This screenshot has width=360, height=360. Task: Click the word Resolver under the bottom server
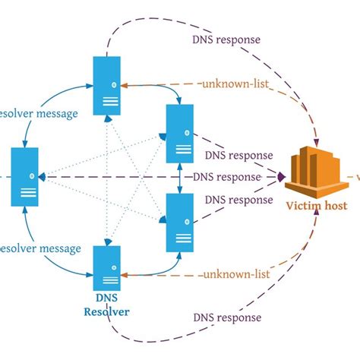click(x=108, y=311)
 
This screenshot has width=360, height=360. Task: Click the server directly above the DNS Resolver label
click(x=107, y=267)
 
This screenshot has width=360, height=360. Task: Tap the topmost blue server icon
click(x=107, y=85)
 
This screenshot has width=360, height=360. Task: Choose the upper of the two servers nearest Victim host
click(x=180, y=134)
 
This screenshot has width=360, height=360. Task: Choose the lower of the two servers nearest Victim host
click(x=180, y=222)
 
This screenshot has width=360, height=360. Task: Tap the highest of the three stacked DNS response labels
click(x=238, y=155)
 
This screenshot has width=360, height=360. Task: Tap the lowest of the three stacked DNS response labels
click(x=238, y=201)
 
